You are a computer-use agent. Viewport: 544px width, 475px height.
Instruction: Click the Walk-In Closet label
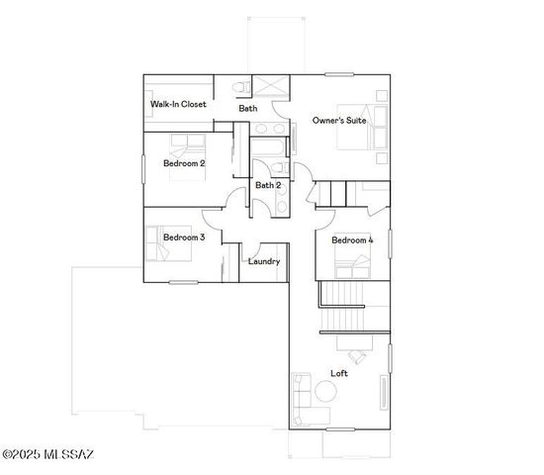click(x=178, y=104)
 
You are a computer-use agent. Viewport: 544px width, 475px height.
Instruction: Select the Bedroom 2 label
click(x=184, y=163)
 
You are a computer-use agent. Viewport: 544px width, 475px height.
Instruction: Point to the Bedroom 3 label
click(x=184, y=237)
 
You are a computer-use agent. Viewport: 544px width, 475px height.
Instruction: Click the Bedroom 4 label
click(x=352, y=240)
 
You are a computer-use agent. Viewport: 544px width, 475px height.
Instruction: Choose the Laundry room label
click(x=263, y=262)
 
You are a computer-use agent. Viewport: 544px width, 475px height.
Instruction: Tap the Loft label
click(x=338, y=373)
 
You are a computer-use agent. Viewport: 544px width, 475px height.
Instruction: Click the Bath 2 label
click(x=268, y=185)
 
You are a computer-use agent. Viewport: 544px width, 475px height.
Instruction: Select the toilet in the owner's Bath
click(x=240, y=88)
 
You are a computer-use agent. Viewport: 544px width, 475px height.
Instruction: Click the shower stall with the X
click(x=268, y=86)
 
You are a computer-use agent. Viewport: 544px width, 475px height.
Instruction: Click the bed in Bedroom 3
click(x=159, y=243)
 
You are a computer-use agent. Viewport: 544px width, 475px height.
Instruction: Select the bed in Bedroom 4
click(x=352, y=264)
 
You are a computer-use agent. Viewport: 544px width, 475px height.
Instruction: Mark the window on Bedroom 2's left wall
click(x=143, y=167)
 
